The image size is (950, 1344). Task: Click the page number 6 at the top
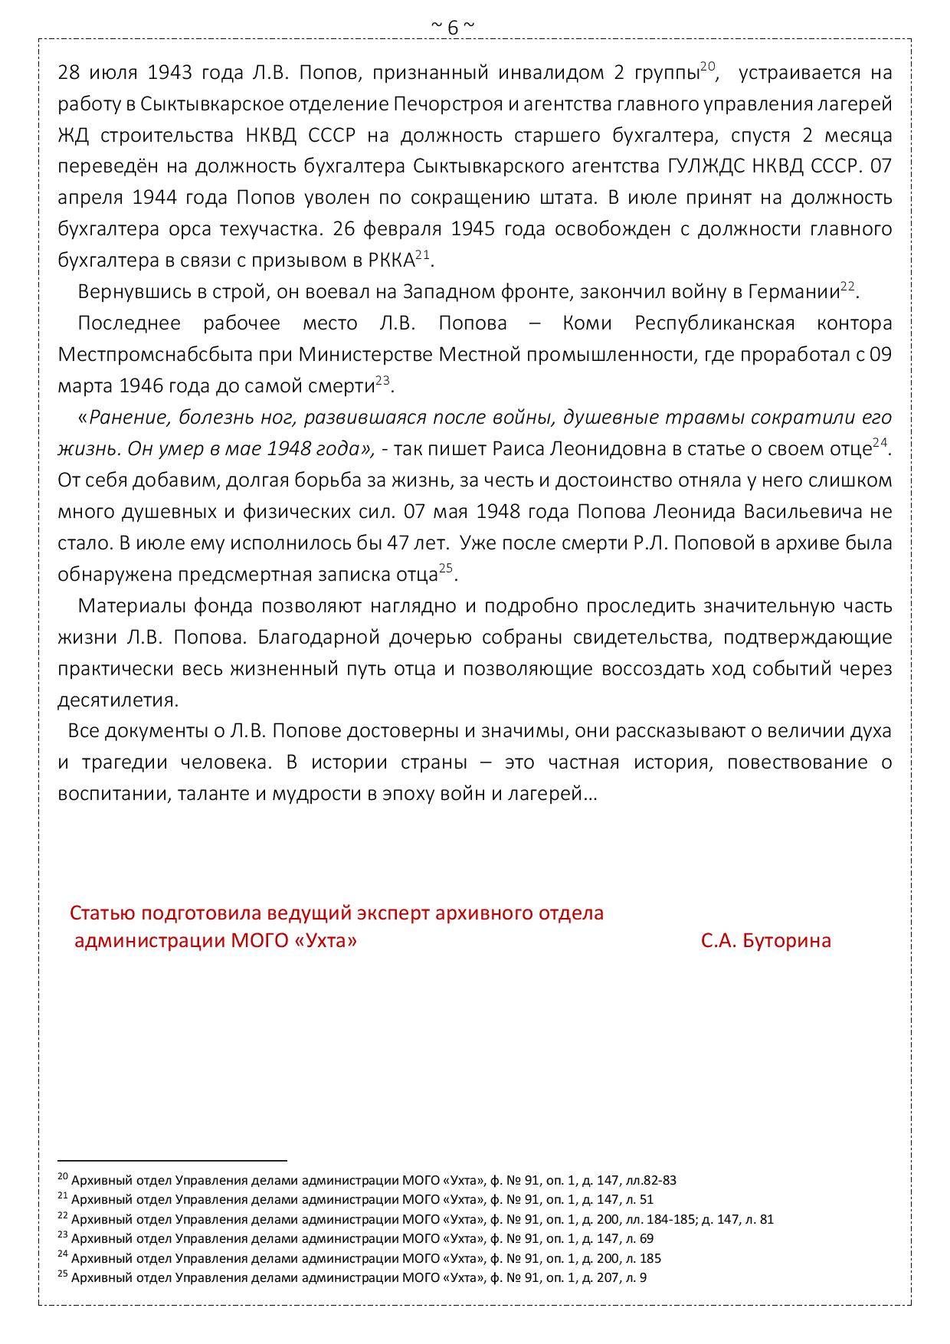click(453, 28)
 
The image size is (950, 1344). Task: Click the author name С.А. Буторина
click(765, 940)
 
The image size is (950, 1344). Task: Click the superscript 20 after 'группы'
click(708, 67)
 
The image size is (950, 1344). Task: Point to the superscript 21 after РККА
click(423, 254)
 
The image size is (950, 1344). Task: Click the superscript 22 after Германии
click(847, 286)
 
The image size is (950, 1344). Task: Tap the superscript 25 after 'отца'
click(446, 569)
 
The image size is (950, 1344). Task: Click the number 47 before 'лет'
click(398, 543)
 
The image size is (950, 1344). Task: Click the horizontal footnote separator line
click(172, 1161)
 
